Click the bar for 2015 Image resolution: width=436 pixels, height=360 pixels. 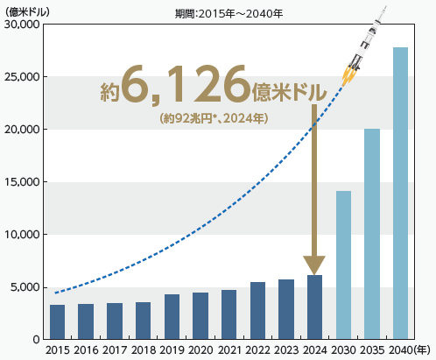(57, 321)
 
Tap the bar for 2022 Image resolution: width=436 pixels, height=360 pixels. (257, 310)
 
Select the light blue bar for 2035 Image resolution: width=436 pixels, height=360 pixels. (371, 234)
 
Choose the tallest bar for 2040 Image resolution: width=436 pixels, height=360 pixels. (400, 193)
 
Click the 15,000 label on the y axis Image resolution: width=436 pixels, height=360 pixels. (23, 182)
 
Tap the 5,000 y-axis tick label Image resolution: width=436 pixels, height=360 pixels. (25, 287)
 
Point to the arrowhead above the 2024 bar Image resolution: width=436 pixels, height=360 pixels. (314, 265)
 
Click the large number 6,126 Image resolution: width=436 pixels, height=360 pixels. (185, 88)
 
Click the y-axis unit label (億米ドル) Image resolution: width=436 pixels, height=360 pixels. (31, 11)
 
